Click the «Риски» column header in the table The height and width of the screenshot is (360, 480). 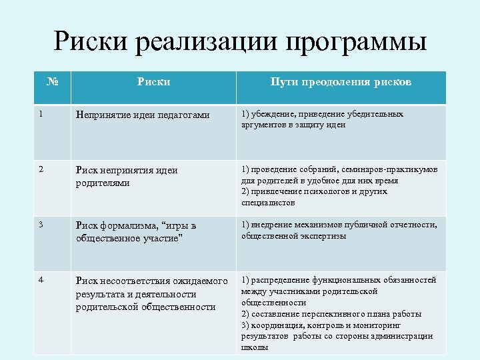tap(153, 82)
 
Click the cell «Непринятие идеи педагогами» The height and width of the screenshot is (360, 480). tap(143, 115)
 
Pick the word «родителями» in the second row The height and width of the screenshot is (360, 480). tap(103, 183)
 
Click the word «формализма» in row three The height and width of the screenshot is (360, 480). tap(128, 225)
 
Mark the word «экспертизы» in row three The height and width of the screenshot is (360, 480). tap(324, 235)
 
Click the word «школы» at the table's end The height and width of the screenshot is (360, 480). tap(255, 347)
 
